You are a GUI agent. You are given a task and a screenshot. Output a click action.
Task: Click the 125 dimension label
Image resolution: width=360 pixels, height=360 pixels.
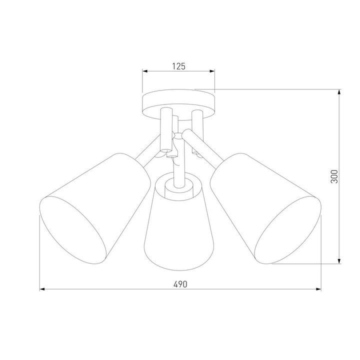(179, 65)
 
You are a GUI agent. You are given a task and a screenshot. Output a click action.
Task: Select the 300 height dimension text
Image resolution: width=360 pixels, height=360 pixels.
(335, 176)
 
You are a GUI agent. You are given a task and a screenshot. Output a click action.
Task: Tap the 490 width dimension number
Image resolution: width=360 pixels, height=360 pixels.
(180, 284)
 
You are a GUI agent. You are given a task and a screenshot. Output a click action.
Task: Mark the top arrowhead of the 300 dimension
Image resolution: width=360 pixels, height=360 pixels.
(340, 93)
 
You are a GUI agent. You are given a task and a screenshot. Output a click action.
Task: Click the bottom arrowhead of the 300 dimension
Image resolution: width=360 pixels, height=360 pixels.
(340, 260)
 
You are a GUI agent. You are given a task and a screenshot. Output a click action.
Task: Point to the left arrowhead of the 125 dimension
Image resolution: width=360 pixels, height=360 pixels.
(145, 71)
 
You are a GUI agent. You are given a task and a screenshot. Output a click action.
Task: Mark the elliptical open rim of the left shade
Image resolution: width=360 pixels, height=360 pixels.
(75, 230)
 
